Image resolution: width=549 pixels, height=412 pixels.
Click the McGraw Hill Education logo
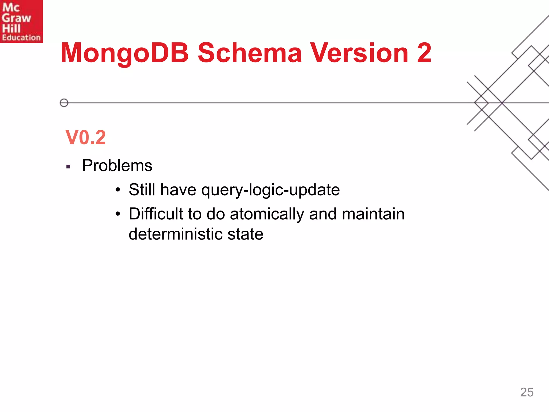pyautogui.click(x=21, y=21)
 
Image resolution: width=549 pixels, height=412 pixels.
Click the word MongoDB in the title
pyautogui.click(x=125, y=53)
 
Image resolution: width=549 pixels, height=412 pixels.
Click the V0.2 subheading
pyautogui.click(x=86, y=137)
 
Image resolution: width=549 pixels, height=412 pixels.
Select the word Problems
pyautogui.click(x=117, y=165)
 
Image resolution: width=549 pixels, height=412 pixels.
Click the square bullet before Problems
pyautogui.click(x=68, y=167)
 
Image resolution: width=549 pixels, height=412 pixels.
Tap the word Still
pyautogui.click(x=142, y=190)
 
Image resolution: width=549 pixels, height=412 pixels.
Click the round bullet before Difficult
pyautogui.click(x=118, y=214)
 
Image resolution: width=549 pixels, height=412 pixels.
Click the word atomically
pyautogui.click(x=267, y=214)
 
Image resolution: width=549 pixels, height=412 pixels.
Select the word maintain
pyautogui.click(x=373, y=214)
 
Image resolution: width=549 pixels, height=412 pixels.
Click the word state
pyautogui.click(x=245, y=234)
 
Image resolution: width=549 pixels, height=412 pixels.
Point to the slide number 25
pyautogui.click(x=526, y=392)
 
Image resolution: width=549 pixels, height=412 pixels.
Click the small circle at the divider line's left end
pyautogui.click(x=64, y=103)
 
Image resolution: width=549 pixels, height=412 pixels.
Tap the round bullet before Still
pyautogui.click(x=118, y=190)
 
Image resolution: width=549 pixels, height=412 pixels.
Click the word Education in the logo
pyautogui.click(x=21, y=38)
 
